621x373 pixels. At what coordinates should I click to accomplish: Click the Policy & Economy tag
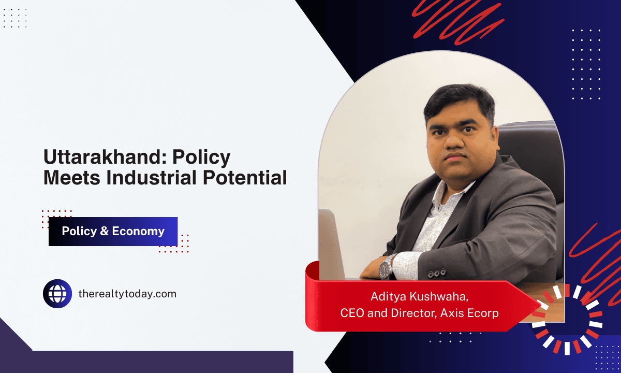pyautogui.click(x=113, y=232)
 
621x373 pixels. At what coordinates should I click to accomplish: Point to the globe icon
pyautogui.click(x=57, y=294)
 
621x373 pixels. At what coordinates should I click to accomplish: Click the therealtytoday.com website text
pyautogui.click(x=127, y=294)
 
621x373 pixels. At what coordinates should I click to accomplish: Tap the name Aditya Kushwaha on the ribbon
pyautogui.click(x=418, y=296)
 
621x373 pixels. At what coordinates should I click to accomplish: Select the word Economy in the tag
pyautogui.click(x=138, y=232)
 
